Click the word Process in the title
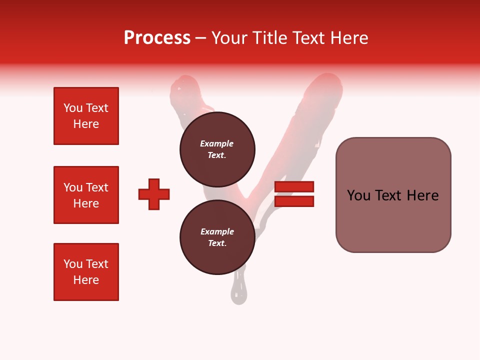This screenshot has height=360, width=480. click(157, 38)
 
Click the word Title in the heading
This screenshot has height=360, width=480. click(269, 38)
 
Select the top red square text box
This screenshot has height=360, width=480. click(86, 116)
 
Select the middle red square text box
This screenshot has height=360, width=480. click(86, 195)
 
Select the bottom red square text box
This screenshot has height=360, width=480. click(86, 272)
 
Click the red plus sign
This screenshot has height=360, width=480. click(154, 194)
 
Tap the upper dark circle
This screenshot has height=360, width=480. click(217, 149)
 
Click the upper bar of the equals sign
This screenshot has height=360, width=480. click(294, 186)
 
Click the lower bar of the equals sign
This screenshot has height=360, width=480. click(294, 201)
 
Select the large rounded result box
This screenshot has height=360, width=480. click(393, 195)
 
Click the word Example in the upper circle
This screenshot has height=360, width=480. click(216, 143)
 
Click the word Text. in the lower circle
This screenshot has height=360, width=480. click(217, 243)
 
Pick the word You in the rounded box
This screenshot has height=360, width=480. click(358, 195)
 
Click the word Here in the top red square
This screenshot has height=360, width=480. click(86, 124)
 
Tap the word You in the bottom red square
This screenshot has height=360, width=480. click(73, 264)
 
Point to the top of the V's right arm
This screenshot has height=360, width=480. click(327, 82)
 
